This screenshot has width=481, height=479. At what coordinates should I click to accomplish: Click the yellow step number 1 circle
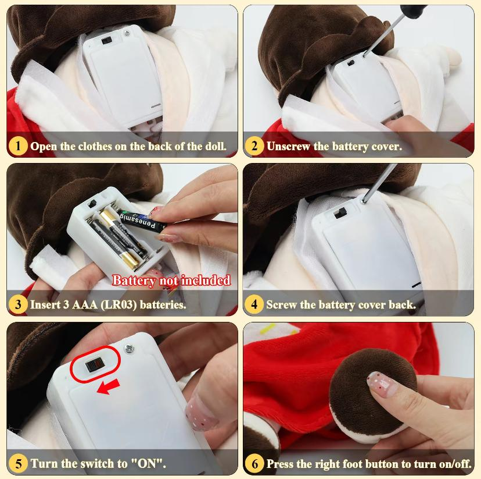(18, 146)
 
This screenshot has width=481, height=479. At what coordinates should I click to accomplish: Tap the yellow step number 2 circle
(254, 146)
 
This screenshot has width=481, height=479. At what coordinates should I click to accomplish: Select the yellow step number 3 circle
(18, 304)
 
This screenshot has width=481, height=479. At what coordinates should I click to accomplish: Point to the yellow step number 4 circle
(254, 304)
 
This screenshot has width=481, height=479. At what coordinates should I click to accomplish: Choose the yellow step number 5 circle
(18, 463)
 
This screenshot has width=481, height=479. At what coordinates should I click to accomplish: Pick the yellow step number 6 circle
(254, 463)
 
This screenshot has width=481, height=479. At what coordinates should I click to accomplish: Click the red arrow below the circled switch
(108, 387)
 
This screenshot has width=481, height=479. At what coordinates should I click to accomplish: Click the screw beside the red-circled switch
(130, 349)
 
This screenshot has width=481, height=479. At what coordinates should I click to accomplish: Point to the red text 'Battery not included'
(171, 280)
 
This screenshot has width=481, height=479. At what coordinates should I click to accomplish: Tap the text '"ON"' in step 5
(149, 463)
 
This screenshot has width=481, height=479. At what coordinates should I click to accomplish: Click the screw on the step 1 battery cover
(127, 32)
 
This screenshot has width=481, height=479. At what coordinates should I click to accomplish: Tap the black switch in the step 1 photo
(106, 40)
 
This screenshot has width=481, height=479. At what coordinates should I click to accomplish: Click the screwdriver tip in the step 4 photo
(364, 201)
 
